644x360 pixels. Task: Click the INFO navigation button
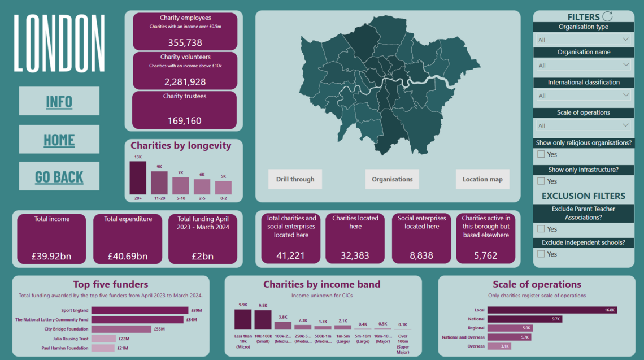tap(59, 102)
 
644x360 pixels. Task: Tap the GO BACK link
tap(59, 177)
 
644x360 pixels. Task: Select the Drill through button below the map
tap(295, 179)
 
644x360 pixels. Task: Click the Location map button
tap(482, 179)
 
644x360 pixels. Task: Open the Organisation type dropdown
tap(584, 40)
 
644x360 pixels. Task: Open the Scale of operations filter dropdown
tap(584, 125)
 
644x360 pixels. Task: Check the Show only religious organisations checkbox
tap(541, 154)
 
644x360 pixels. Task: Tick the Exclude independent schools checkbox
tap(541, 254)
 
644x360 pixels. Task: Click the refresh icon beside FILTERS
tap(607, 16)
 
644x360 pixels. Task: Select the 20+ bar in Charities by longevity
tap(137, 178)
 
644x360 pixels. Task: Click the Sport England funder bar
tap(140, 310)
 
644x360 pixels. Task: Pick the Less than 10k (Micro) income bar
tap(243, 319)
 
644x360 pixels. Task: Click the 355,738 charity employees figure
tap(185, 42)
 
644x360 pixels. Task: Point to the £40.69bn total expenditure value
tap(128, 256)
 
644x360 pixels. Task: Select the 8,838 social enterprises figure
tap(421, 255)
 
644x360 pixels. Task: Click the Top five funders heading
tap(111, 284)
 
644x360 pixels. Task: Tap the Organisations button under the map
tap(392, 179)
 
